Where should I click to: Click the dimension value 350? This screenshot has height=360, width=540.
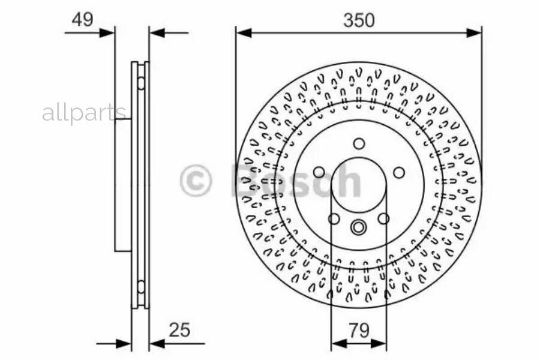(x=359, y=20)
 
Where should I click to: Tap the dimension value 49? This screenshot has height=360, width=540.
(x=82, y=20)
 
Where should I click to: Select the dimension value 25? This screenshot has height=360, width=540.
(x=179, y=329)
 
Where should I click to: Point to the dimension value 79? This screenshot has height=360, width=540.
(x=359, y=330)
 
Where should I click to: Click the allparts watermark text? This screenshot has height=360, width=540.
(x=84, y=113)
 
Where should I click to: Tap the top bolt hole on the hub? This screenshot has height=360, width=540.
(x=359, y=143)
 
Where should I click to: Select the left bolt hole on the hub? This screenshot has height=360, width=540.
(x=319, y=172)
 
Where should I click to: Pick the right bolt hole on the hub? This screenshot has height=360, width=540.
(x=399, y=172)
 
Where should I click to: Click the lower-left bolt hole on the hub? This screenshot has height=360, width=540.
(x=334, y=218)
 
